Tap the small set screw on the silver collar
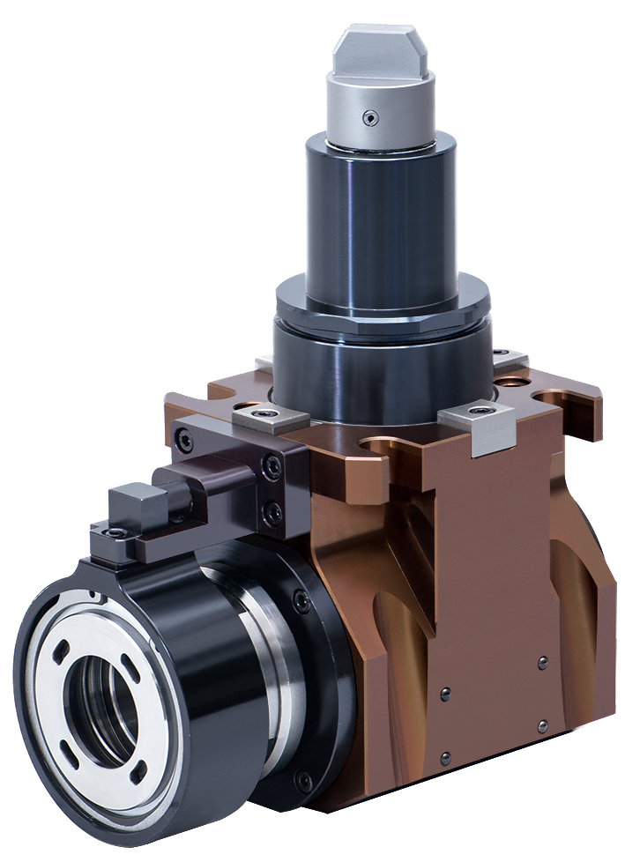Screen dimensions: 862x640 pyautogui.click(x=372, y=117)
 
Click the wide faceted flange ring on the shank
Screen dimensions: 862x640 pyautogui.click(x=383, y=300)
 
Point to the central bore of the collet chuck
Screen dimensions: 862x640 pyautogui.click(x=105, y=706)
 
